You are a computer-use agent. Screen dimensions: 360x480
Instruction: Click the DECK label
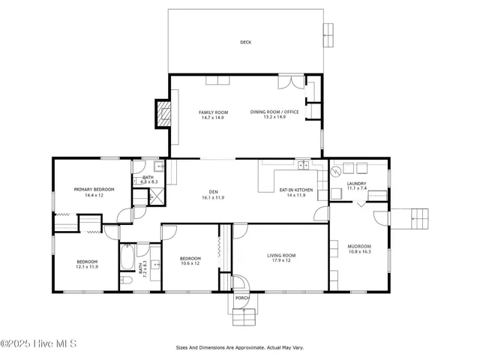[245, 43]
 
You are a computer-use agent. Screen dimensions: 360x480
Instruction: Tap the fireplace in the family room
[163, 112]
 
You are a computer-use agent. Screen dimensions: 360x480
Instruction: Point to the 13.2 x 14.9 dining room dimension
[274, 117]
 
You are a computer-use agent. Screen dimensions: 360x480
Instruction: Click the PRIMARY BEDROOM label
[94, 190]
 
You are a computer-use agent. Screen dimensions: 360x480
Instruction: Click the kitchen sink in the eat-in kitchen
[302, 164]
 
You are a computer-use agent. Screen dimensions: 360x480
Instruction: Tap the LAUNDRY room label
[356, 184]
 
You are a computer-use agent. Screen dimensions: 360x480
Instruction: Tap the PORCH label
[242, 298]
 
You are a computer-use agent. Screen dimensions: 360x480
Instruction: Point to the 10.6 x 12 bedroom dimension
[190, 263]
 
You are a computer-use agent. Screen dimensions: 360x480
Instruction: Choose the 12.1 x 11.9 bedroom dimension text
[87, 266]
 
